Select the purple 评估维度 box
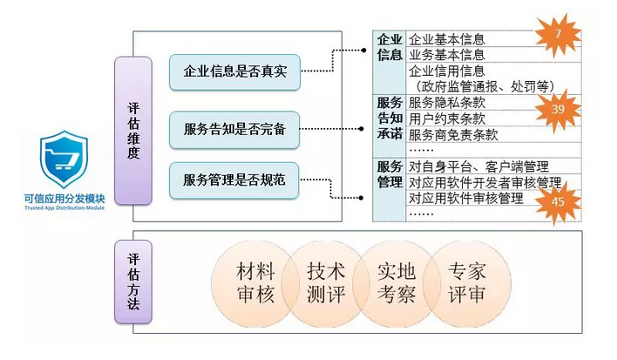[133, 131]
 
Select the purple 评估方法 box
[133, 284]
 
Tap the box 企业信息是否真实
[234, 72]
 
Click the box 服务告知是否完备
[234, 128]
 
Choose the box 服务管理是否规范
[234, 180]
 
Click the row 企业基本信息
[446, 39]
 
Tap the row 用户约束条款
[446, 119]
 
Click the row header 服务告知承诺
[389, 119]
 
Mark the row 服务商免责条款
[452, 134]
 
